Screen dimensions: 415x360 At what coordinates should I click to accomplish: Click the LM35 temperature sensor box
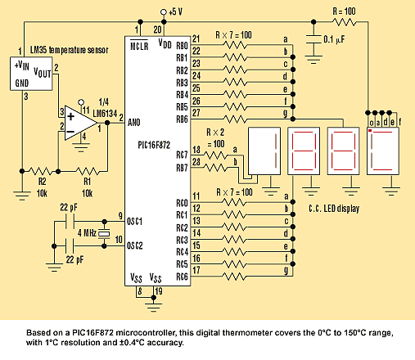point(31,74)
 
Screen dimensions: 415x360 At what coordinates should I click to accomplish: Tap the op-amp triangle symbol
point(79,123)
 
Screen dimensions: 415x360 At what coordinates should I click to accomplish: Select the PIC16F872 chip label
point(154,145)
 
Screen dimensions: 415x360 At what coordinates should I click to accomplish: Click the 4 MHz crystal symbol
point(104,234)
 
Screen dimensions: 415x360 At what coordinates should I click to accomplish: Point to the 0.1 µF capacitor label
point(334,40)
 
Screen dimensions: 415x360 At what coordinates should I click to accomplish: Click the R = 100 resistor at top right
point(345,22)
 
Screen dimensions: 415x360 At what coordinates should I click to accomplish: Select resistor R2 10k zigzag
point(40,171)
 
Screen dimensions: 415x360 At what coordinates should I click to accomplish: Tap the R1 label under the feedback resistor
point(87,181)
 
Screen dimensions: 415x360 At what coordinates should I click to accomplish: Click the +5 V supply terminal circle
point(164,12)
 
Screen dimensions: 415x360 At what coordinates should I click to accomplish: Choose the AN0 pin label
point(134,123)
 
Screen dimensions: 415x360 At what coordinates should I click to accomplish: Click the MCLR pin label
point(139,46)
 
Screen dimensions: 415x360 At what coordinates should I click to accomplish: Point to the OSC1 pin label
point(135,222)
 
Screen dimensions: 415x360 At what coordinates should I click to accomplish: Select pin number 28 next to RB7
point(196,162)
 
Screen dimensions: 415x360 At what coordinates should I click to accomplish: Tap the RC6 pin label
point(182,277)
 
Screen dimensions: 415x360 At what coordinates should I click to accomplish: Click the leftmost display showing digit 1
point(264,151)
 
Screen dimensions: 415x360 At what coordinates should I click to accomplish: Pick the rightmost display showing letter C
point(383,151)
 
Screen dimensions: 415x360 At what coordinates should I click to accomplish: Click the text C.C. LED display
point(334,209)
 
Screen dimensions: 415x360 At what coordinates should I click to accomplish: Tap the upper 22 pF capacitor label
point(69,208)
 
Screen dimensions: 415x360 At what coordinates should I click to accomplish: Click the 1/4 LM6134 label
point(105,108)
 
